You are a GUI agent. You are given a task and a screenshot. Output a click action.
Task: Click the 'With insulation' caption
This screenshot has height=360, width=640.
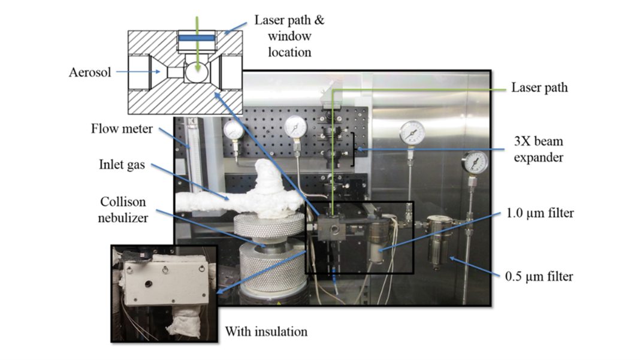pos(266,330)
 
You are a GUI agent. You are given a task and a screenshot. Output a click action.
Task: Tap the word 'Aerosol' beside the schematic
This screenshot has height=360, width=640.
pos(89,72)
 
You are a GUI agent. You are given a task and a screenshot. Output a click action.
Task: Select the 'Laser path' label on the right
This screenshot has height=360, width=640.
pos(539,88)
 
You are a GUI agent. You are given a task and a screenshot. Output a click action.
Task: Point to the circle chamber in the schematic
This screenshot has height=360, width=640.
pos(197,72)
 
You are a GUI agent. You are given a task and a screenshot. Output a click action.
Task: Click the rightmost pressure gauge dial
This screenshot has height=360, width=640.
pos(475,162)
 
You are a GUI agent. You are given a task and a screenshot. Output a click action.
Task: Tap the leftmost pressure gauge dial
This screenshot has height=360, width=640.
pos(233,129)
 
